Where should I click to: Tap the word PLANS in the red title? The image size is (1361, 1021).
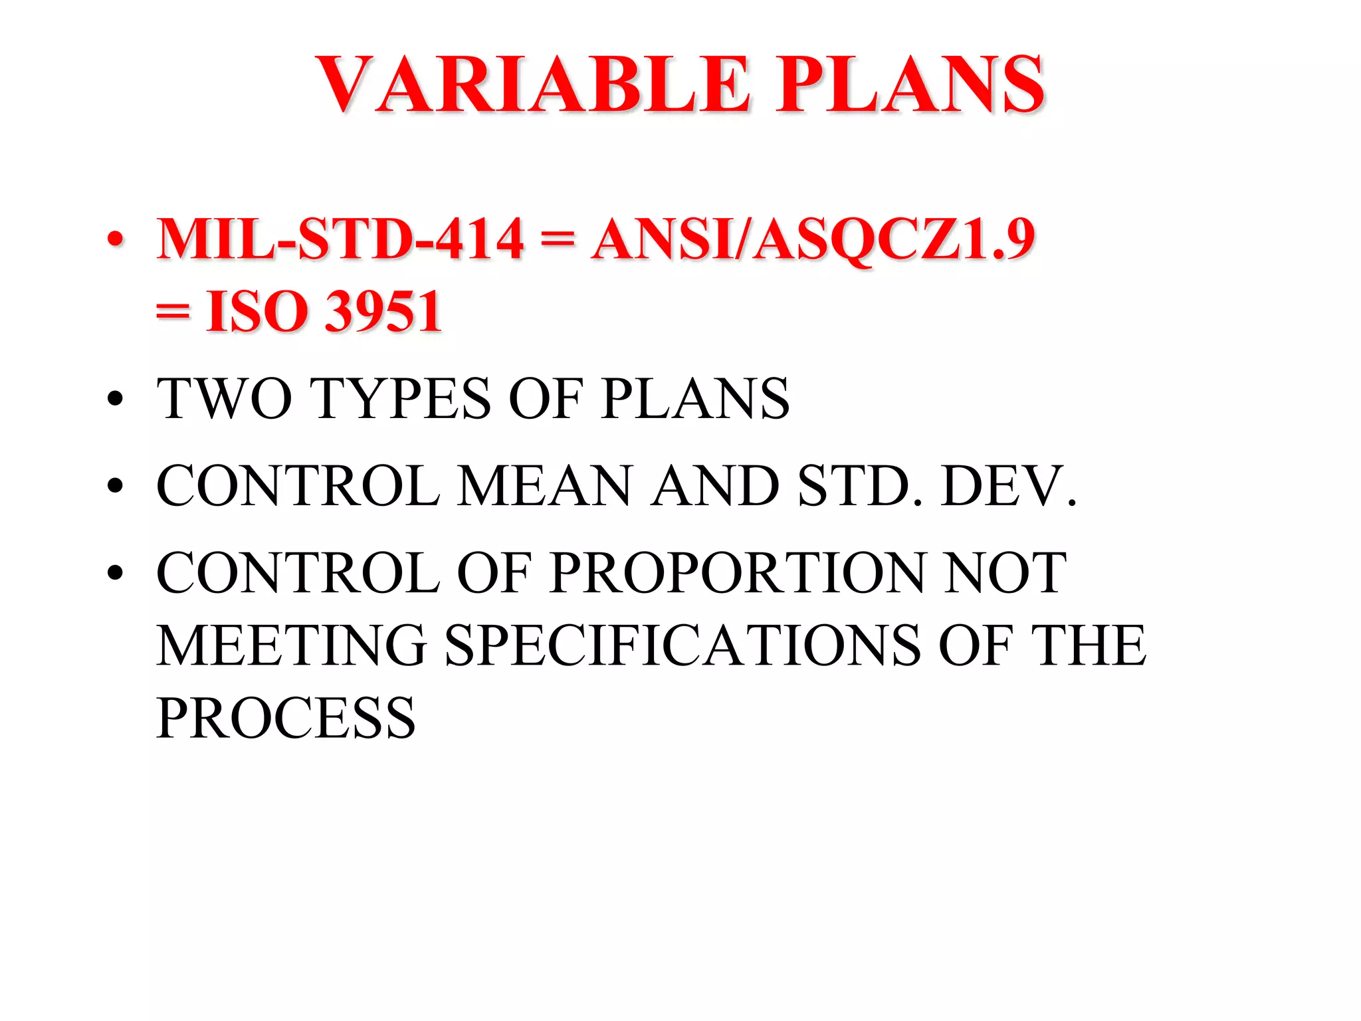(911, 84)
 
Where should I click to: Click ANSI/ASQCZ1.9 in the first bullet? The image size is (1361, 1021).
(813, 239)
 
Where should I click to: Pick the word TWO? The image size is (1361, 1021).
(224, 399)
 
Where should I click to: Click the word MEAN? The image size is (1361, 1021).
(544, 486)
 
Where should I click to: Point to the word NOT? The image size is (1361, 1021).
(1005, 572)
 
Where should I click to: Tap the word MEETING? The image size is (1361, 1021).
(292, 645)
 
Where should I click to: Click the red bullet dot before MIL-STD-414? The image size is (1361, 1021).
(115, 240)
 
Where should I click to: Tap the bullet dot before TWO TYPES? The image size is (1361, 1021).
(115, 399)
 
